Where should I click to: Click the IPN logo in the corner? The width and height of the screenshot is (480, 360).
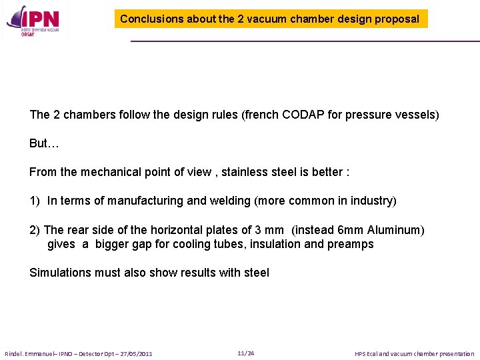pos(33,21)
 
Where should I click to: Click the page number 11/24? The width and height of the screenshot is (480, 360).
pos(245,353)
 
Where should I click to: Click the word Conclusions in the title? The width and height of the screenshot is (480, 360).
pos(151,19)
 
